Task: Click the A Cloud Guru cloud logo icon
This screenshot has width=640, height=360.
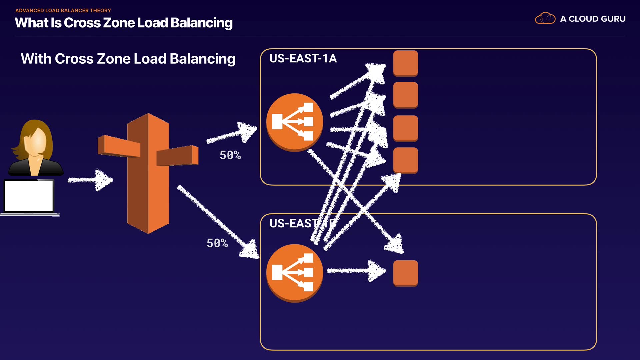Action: [545, 18]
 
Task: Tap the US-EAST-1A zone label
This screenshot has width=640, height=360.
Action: [303, 59]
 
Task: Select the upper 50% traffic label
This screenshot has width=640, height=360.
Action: [230, 155]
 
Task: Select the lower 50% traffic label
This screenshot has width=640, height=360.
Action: [217, 243]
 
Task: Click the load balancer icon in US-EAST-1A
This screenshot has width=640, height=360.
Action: [294, 122]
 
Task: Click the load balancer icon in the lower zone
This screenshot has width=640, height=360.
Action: [294, 273]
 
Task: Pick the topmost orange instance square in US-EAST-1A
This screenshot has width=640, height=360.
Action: [405, 63]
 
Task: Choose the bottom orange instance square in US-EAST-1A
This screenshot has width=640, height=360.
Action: [405, 160]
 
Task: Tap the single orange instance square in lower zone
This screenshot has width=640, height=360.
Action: [405, 273]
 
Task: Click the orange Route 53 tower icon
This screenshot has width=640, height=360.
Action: [148, 173]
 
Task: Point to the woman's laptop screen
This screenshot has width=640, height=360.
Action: [29, 196]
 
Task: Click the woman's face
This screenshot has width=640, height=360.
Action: [36, 142]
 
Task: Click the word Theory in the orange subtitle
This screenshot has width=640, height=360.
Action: [100, 11]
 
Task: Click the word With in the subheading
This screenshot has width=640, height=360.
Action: [36, 59]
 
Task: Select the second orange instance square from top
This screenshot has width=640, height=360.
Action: [405, 95]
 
